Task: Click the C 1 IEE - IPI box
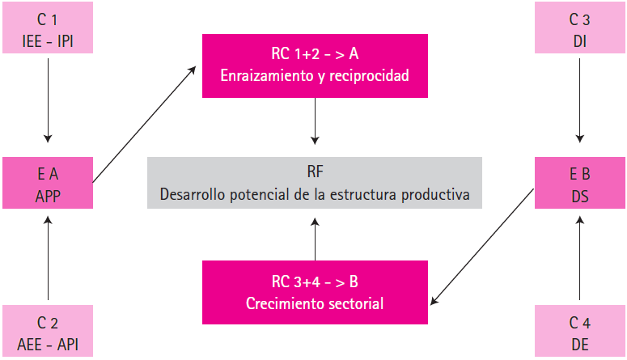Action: click(x=48, y=28)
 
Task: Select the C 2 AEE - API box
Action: click(x=48, y=332)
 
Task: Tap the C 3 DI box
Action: click(x=579, y=28)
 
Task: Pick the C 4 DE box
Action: click(x=579, y=332)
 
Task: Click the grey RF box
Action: click(x=315, y=183)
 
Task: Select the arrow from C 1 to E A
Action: click(x=48, y=97)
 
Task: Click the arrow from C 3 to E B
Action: click(x=579, y=97)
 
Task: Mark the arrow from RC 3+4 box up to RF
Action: click(x=315, y=240)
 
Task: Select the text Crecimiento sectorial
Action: click(x=315, y=304)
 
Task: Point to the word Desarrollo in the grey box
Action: click(x=193, y=195)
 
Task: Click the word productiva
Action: click(x=438, y=195)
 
